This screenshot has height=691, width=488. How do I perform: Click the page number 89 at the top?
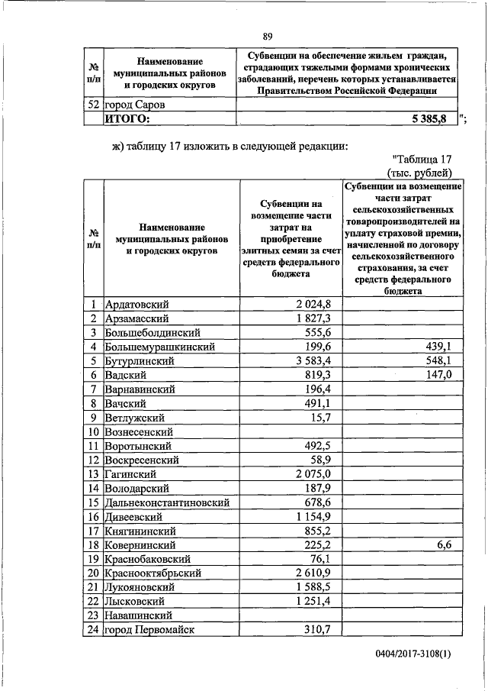click(x=268, y=37)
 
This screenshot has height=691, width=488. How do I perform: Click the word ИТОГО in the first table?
click(x=127, y=118)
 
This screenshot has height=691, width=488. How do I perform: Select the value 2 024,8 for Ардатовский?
click(x=313, y=304)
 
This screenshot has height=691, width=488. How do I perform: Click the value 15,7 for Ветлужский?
click(x=319, y=417)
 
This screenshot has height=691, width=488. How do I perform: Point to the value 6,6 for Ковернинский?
click(x=445, y=545)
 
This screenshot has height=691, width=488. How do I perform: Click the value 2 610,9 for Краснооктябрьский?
click(x=313, y=573)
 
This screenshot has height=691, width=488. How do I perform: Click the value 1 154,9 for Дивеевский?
click(x=313, y=517)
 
